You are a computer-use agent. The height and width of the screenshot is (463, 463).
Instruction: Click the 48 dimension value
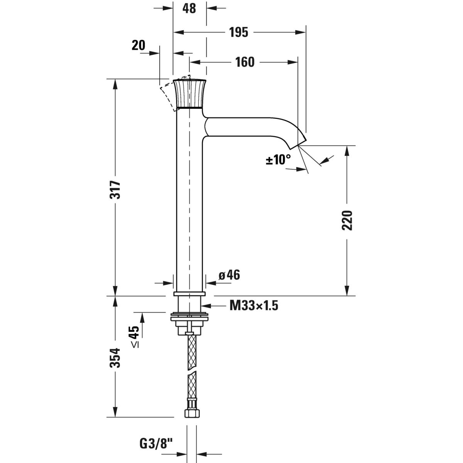pos(189,8)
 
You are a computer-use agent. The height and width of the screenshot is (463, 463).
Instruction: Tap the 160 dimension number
pos(245,62)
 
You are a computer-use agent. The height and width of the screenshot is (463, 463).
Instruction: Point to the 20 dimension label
pos(138,46)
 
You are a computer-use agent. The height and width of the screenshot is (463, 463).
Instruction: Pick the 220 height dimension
pos(348,220)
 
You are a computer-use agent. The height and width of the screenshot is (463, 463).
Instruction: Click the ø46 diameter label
pos(229,275)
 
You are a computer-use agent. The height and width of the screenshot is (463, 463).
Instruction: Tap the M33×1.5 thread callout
pos(253,306)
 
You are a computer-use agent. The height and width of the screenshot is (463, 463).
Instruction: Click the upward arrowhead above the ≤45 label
pos(142,317)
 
